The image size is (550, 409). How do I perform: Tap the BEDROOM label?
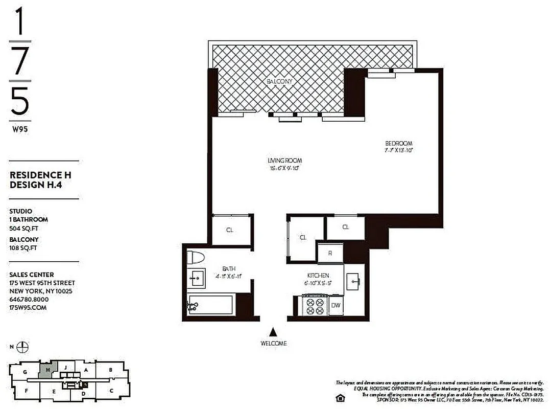coord(398,144)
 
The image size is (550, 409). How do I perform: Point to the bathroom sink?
coord(196,278)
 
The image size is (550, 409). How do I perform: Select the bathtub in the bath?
coord(211,305)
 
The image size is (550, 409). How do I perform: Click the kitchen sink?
coord(354,280)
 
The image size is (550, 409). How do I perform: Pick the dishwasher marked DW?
coord(336,306)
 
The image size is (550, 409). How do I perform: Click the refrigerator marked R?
coord(330,253)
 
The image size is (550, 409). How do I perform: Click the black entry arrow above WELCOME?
coord(273,332)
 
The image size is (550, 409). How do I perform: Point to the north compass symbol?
coord(23,347)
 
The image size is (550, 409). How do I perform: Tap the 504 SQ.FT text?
coord(23,229)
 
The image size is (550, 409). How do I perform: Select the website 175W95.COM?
coord(28,307)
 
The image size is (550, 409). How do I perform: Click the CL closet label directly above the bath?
coord(230,230)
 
